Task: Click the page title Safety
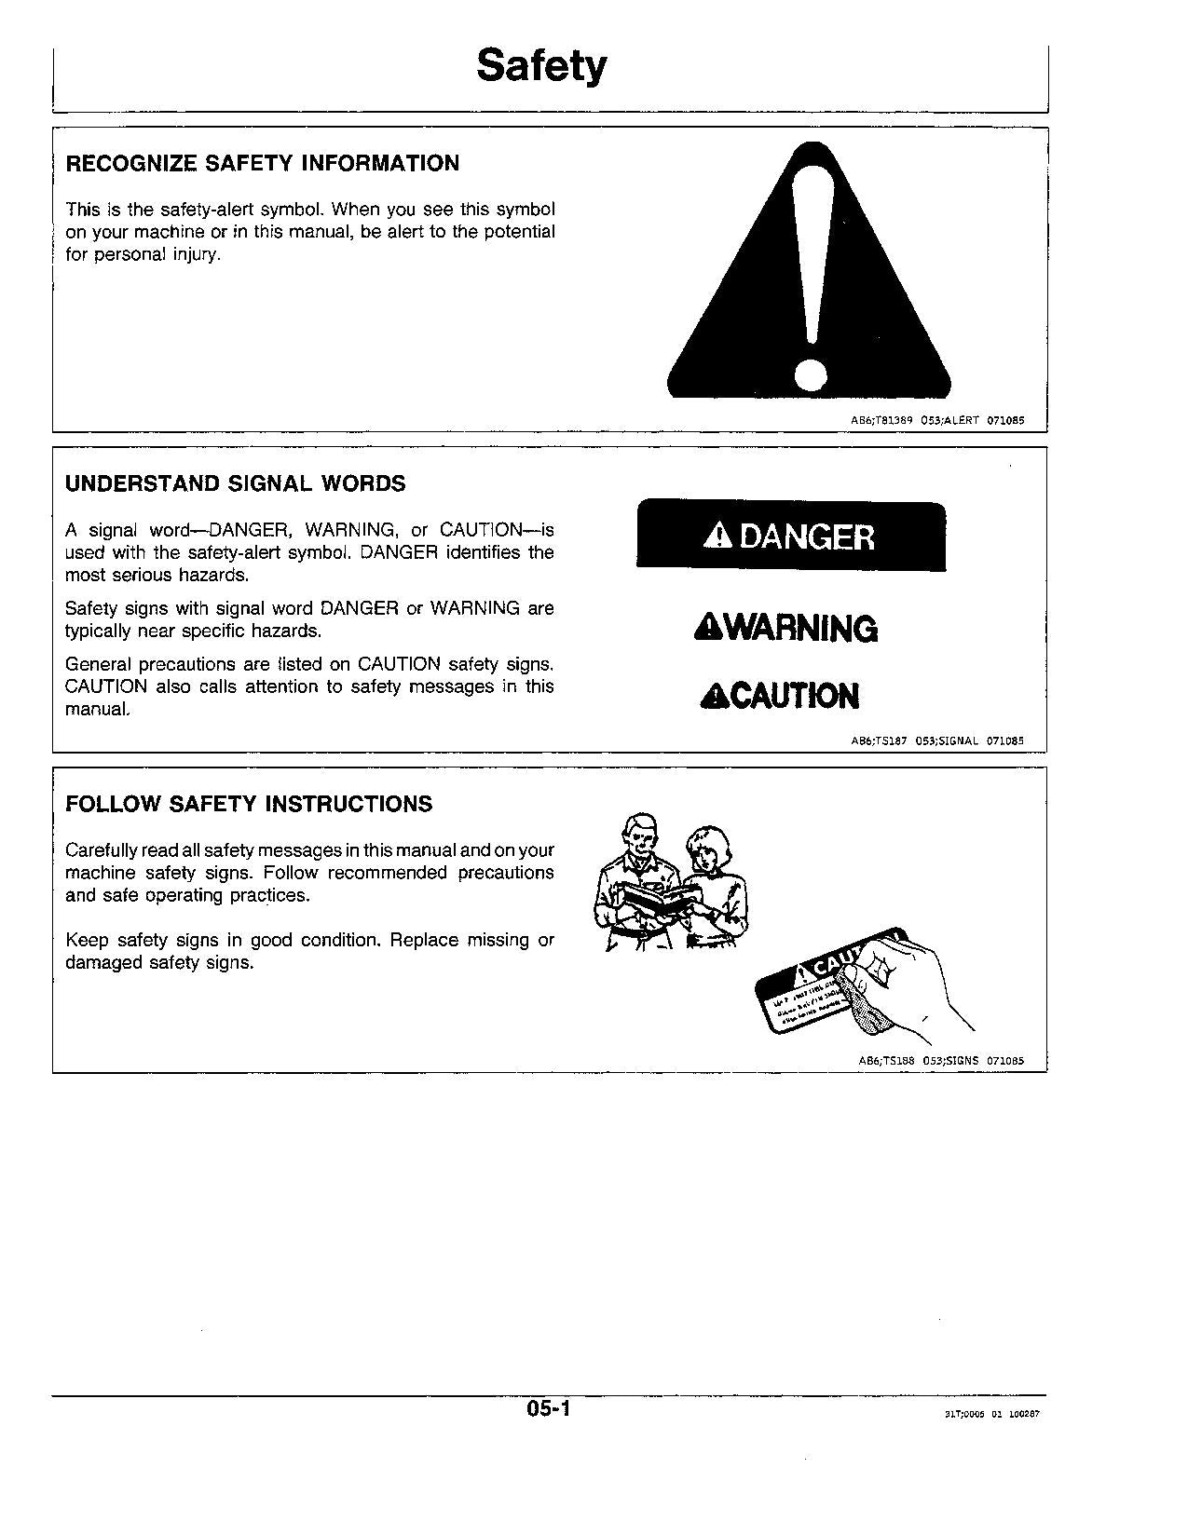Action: click(541, 65)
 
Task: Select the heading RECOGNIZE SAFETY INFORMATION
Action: click(262, 164)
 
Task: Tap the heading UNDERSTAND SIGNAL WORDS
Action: click(235, 484)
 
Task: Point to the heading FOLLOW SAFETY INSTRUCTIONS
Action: click(249, 805)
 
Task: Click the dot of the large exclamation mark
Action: click(810, 375)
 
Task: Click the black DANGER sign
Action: click(790, 537)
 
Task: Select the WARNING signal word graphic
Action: click(785, 629)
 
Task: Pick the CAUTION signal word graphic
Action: click(780, 696)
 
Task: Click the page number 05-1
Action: click(548, 1410)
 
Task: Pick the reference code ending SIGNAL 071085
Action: click(937, 741)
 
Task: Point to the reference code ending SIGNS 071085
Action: click(940, 1061)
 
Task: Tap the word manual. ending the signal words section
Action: click(97, 710)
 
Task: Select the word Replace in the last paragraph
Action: click(425, 941)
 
